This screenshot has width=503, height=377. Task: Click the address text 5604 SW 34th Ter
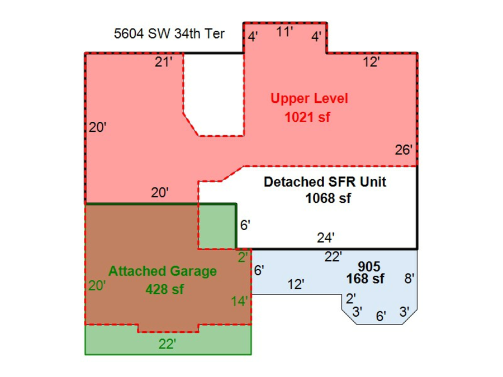coord(169,34)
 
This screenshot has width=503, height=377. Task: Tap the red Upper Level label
coord(309,98)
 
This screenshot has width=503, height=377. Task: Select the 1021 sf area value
coord(307,117)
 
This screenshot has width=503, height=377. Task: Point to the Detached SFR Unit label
coord(325,182)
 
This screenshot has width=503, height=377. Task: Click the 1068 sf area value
coord(328,198)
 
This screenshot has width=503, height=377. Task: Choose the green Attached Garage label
coord(163,271)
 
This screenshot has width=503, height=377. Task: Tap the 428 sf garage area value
coord(164,289)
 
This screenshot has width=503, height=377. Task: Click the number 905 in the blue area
coord(369,266)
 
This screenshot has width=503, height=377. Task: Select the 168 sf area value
coord(366,279)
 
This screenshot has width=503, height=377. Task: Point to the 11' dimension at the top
coord(284,32)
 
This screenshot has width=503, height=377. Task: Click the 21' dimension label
coord(164,62)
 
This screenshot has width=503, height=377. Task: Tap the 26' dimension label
coord(404,150)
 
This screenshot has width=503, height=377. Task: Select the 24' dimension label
coord(326,238)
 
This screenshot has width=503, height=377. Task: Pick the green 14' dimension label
coord(239,302)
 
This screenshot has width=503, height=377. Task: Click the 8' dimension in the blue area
coord(409,279)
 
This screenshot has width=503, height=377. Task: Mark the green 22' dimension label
coord(167,344)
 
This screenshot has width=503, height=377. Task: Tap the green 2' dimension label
coord(243,257)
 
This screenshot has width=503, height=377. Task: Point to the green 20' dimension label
coord(97,285)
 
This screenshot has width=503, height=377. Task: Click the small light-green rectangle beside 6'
coord(217,226)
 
